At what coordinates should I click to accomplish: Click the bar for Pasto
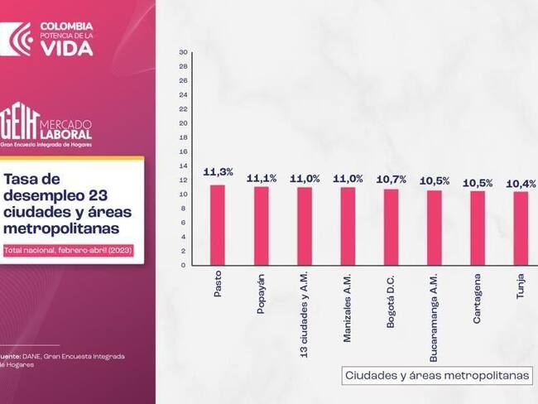[x=218, y=224]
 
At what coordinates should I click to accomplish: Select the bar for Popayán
[x=261, y=225]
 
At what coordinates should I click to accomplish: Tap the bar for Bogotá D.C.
[x=391, y=227]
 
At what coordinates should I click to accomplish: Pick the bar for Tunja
[x=521, y=228]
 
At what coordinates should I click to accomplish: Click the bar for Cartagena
[x=478, y=228]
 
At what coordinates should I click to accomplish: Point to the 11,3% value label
[x=218, y=172]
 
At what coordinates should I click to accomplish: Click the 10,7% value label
[x=391, y=178]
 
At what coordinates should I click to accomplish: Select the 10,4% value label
[x=521, y=183]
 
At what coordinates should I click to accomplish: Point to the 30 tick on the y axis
[x=183, y=52]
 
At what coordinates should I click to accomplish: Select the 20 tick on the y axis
[x=183, y=123]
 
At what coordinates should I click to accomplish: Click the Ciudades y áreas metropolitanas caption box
[x=437, y=375]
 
